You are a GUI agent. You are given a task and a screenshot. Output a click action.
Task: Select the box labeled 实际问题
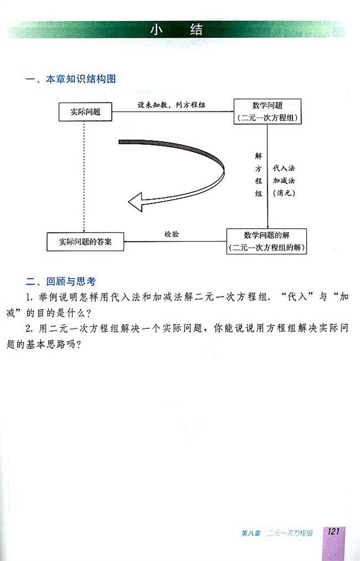85,112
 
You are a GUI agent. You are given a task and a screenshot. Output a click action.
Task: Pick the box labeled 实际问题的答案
85,241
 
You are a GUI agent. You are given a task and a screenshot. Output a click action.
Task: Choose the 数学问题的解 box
267,241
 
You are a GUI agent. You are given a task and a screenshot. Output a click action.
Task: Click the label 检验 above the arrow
172,233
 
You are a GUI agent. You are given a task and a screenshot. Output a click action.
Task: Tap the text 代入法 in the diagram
284,168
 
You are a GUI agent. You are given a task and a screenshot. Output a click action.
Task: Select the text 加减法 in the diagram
284,181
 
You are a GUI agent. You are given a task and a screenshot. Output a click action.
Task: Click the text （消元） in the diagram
284,193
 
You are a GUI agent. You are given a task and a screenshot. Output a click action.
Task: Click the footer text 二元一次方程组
292,533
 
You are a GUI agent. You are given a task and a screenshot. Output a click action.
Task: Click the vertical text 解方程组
258,174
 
